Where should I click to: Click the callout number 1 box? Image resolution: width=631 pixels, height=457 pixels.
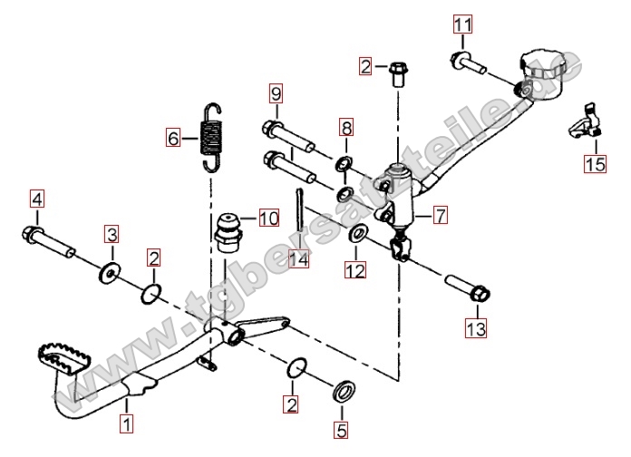[127, 422]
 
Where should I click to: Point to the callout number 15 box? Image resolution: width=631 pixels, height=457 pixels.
[595, 163]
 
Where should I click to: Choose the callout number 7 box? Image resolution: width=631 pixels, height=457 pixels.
[440, 216]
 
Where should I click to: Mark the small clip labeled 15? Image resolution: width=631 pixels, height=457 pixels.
[585, 124]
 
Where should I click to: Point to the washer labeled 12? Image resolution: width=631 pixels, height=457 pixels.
[358, 237]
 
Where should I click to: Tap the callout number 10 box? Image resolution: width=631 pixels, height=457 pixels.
[269, 218]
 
